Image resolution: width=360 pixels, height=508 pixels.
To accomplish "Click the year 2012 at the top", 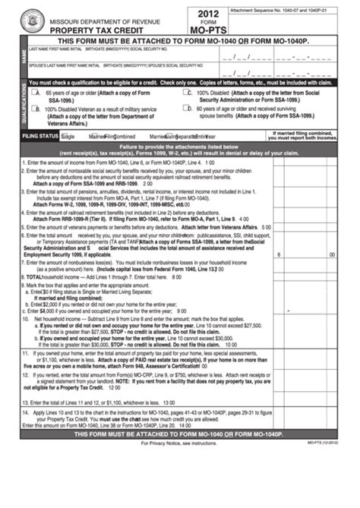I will point(207,13).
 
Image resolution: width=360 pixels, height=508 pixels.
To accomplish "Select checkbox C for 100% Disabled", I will point(188,91).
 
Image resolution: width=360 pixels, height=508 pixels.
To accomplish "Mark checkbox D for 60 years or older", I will point(188,109).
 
